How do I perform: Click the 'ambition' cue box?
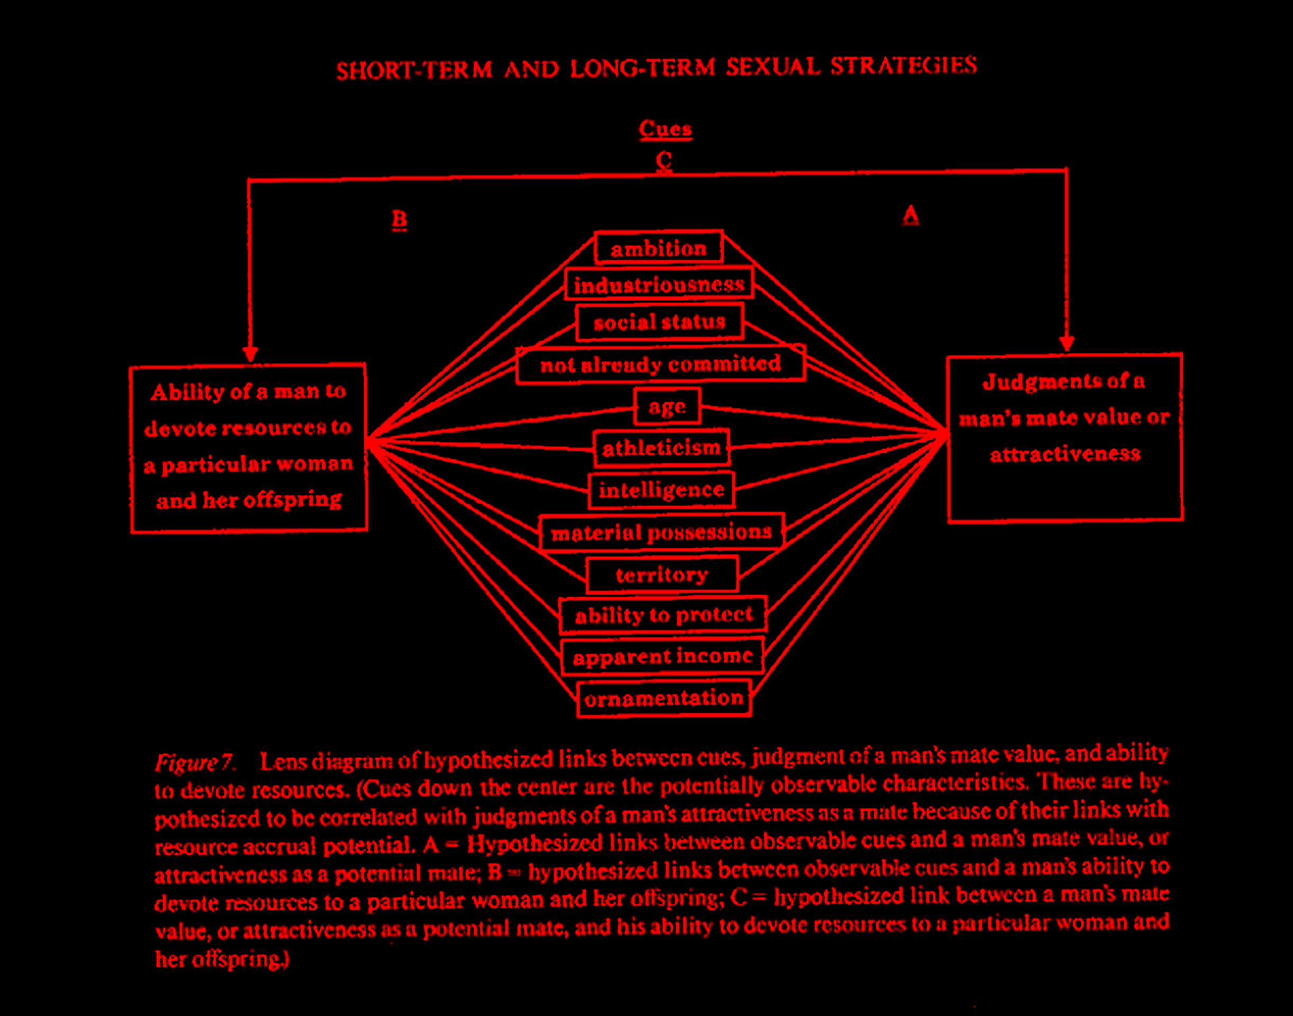coord(658,248)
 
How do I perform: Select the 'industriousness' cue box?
coord(658,284)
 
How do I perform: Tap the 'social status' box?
coord(660,322)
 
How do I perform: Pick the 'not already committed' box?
coord(660,364)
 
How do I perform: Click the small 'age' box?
coord(667,406)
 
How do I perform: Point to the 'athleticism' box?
coord(661,447)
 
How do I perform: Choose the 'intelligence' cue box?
coord(661,489)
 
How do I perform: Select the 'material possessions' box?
coord(661,532)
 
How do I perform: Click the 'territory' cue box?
coord(662,574)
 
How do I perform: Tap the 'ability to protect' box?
coord(663,614)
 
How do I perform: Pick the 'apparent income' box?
coord(662,656)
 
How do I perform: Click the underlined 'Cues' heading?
coord(665,129)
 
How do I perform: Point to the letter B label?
coord(399,220)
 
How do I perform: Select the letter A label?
coord(910,215)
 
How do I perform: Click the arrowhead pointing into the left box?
coord(250,355)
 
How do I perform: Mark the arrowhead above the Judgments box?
coord(1067,344)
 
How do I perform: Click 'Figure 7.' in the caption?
coord(195,762)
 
